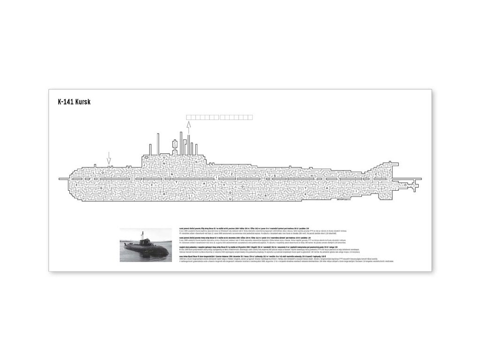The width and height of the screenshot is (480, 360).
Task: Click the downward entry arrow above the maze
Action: pos(109,157)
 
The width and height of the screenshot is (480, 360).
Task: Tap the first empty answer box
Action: pos(189,117)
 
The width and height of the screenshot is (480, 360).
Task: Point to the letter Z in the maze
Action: pos(232,174)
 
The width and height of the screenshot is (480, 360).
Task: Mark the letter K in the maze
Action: pos(305,193)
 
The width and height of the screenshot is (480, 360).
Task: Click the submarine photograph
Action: pos(146,244)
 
